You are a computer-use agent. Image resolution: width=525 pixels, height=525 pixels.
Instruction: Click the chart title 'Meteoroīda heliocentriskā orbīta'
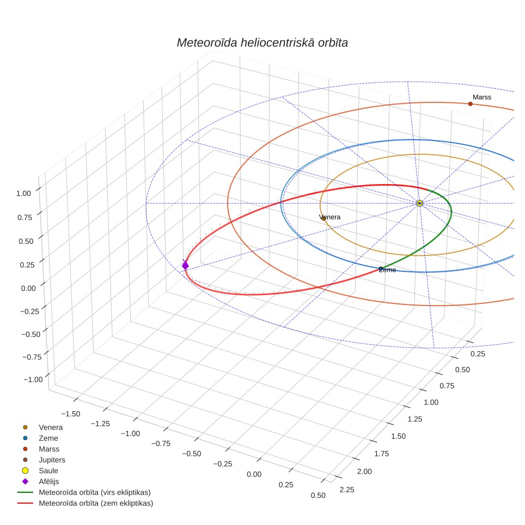coord(262,43)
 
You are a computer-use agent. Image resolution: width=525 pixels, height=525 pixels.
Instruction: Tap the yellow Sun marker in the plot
coord(419,203)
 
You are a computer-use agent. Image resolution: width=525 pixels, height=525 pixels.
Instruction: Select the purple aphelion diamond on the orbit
coord(185,266)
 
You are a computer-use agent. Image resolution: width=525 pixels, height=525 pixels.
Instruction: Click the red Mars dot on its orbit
coord(471,104)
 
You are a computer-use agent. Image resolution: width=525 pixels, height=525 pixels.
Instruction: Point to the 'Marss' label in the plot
coord(482,97)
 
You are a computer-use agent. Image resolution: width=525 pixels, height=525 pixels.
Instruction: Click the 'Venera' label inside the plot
coord(330,217)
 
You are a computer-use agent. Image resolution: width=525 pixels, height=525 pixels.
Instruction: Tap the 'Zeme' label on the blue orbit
coord(387,270)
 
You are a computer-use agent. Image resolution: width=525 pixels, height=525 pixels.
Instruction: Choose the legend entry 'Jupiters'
coord(52,460)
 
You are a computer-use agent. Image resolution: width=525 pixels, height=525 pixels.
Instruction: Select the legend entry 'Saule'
coord(48,471)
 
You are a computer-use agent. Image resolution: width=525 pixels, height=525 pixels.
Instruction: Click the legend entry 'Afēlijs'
coord(49,481)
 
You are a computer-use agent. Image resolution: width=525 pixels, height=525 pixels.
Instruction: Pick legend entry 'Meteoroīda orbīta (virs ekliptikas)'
coord(95,492)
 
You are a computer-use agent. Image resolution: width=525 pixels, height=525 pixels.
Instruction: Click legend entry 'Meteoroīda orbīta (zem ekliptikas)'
coord(96,503)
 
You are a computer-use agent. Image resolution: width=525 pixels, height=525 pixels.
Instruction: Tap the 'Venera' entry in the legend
coord(51,427)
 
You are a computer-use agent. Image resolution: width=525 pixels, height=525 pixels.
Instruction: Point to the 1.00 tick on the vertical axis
coord(23,193)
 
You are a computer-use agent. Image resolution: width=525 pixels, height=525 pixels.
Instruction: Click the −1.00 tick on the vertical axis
coord(33,380)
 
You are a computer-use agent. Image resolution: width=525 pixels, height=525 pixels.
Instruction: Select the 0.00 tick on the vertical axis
coord(28,288)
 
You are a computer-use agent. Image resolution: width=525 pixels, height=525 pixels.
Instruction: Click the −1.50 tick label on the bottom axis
coord(71,414)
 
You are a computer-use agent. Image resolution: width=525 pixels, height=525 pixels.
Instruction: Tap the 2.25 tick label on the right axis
coord(347,490)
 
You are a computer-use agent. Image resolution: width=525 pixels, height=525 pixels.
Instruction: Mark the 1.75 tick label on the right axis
coord(382,454)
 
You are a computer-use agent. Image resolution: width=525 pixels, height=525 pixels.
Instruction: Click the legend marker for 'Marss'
coord(25,449)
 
